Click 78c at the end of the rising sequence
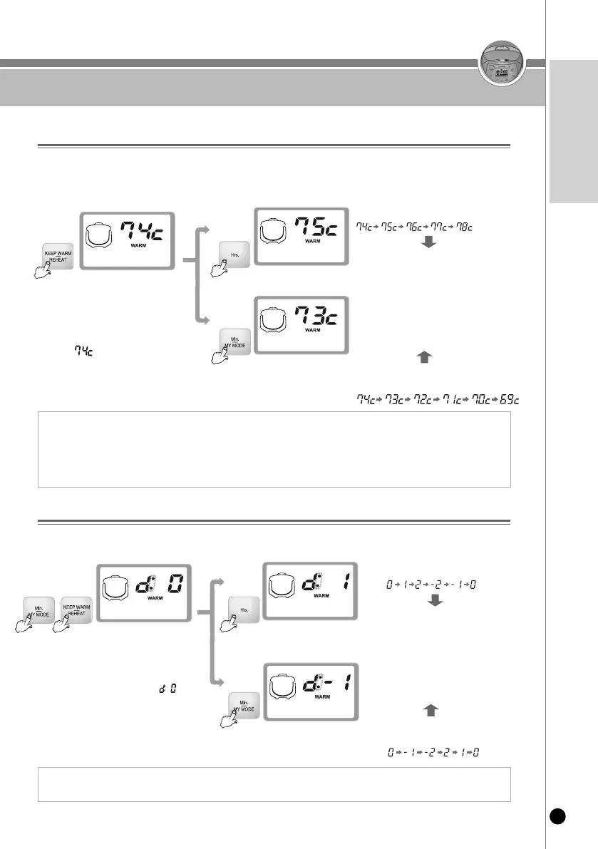463,226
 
